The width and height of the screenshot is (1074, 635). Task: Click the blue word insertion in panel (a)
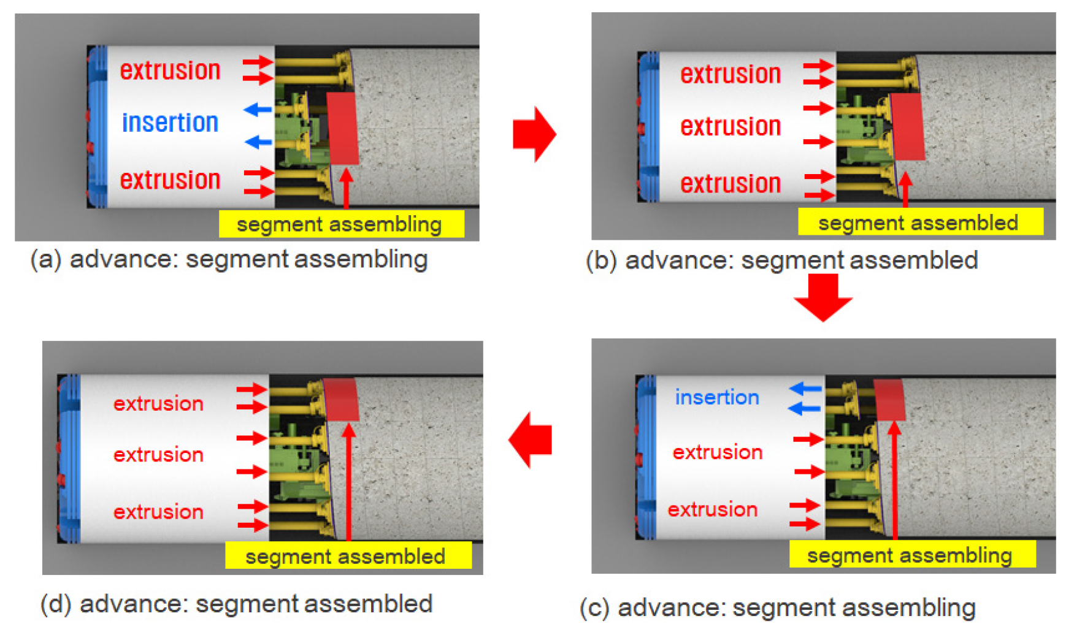point(170,123)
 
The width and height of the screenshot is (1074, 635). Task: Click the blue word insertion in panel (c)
point(717,397)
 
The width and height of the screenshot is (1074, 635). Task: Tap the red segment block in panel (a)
point(343,129)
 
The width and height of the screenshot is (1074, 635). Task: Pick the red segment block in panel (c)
point(889,399)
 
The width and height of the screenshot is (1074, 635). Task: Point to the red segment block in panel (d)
point(341,399)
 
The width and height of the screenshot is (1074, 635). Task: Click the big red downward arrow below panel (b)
point(823,298)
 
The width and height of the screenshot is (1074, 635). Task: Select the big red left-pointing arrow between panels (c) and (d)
point(531,439)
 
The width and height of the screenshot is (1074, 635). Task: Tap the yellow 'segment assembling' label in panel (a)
point(341,224)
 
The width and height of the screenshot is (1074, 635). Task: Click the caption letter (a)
point(46,259)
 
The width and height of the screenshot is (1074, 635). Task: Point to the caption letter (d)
point(56,604)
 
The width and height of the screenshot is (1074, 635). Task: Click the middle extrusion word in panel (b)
point(731,127)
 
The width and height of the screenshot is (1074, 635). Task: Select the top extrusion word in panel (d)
point(158,403)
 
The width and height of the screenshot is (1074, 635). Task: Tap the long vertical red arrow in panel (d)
point(348,484)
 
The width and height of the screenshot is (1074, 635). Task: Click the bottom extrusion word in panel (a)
point(170,180)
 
